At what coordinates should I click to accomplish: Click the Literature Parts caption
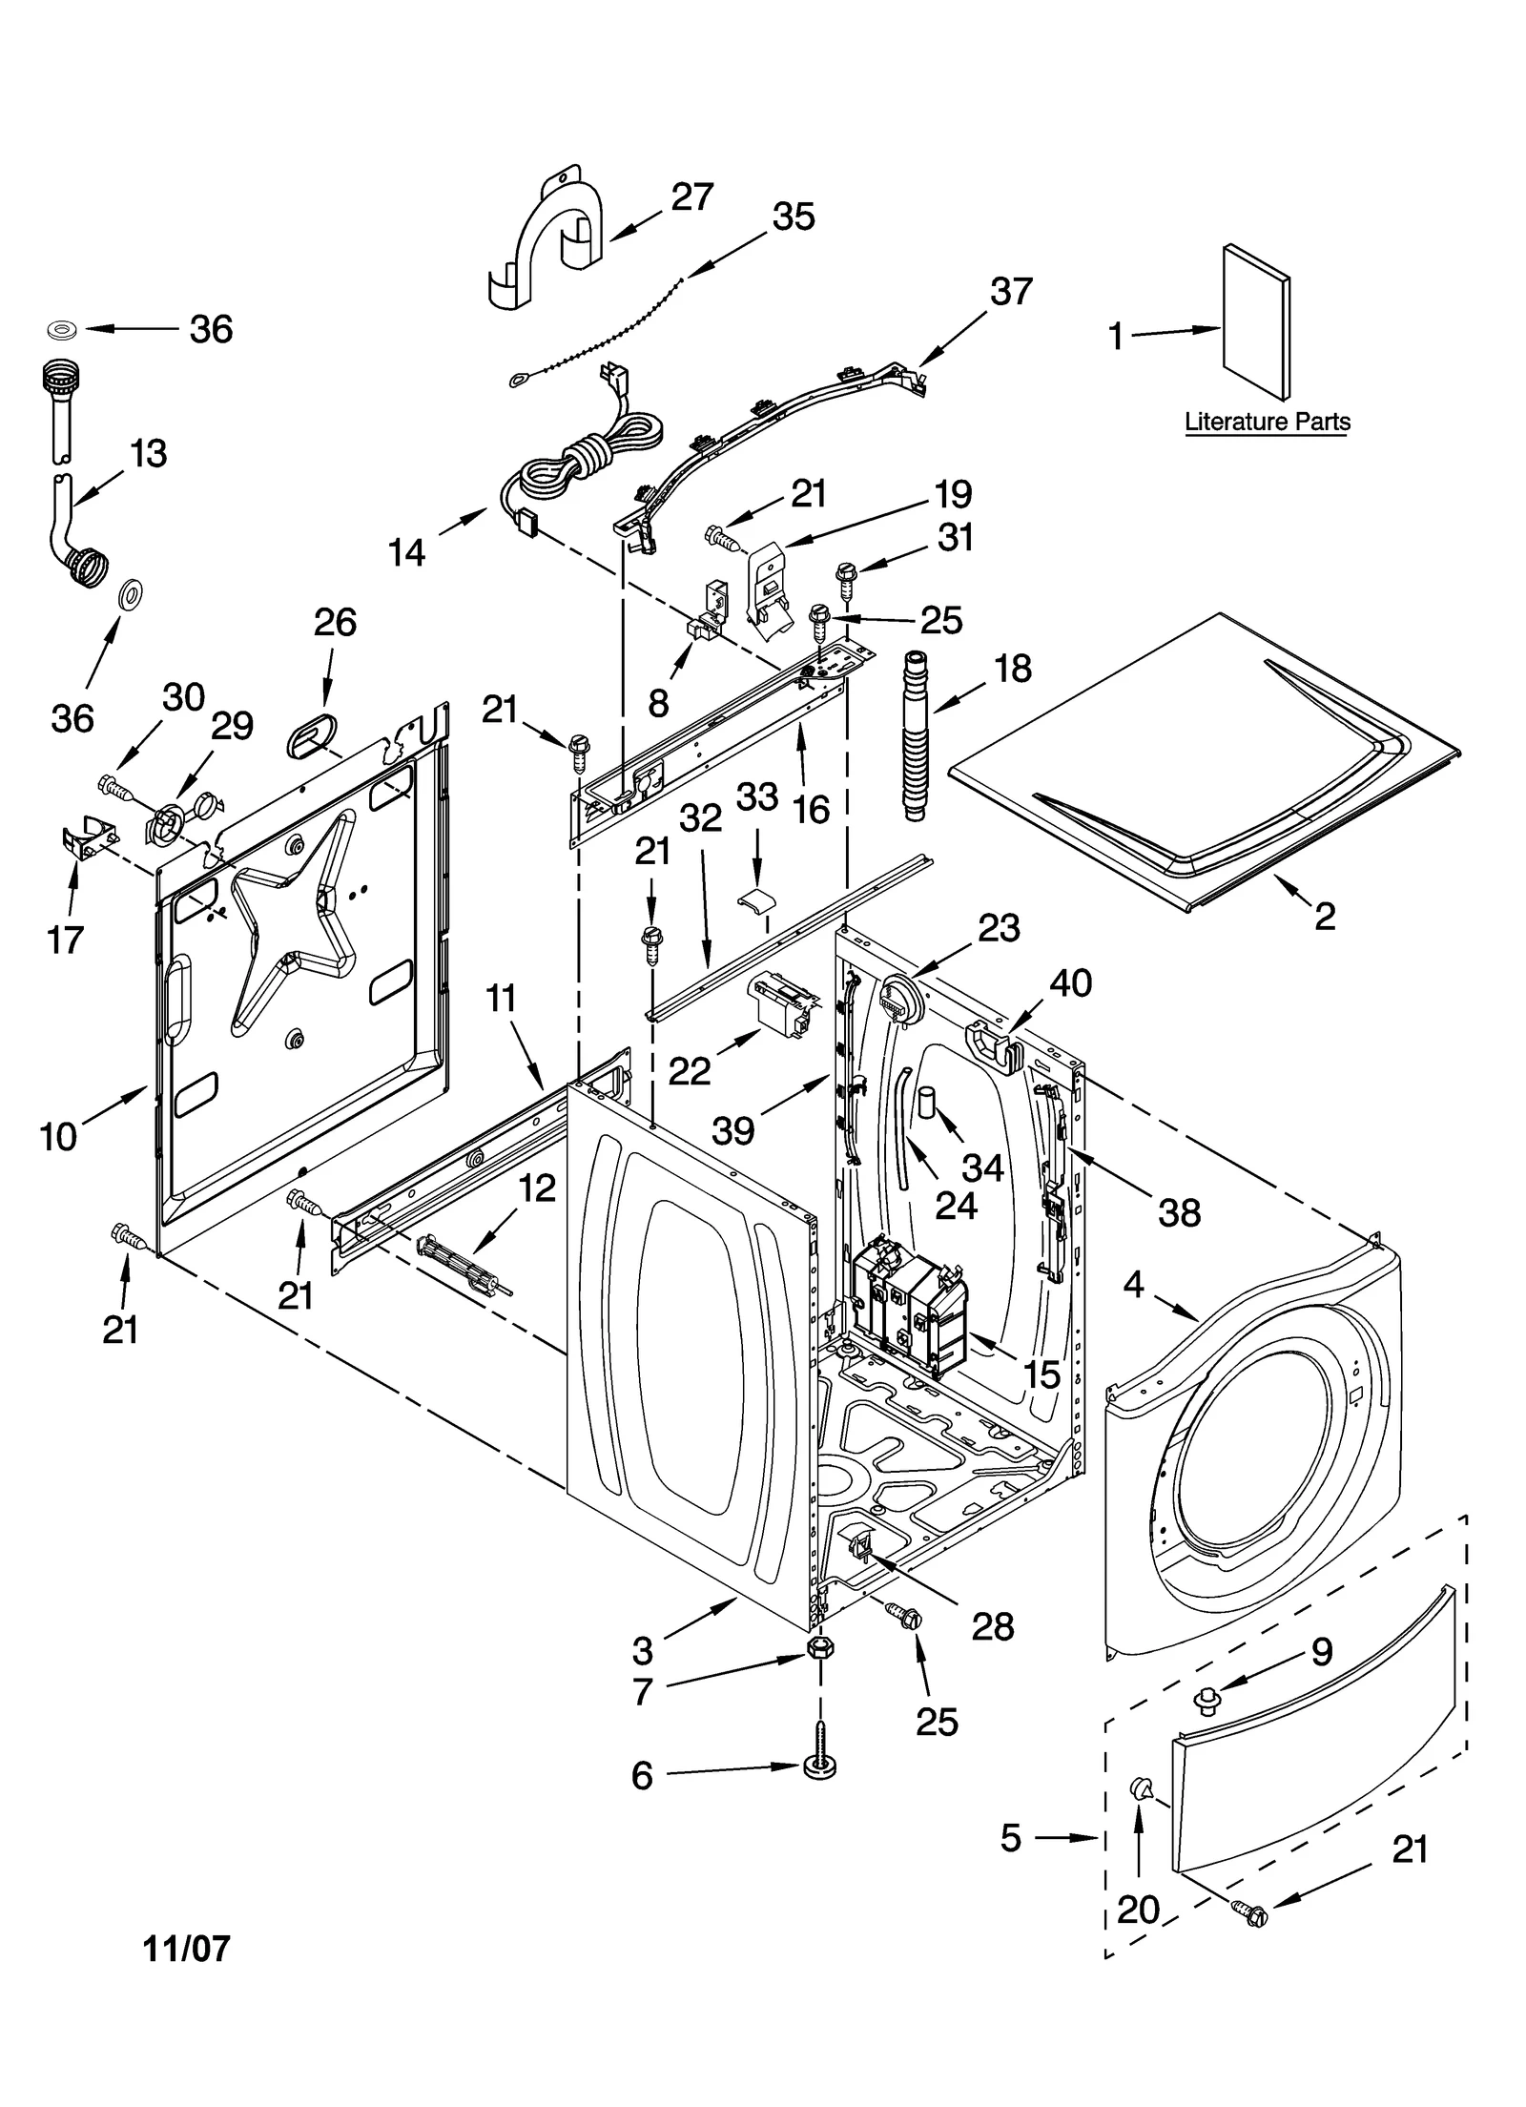click(1267, 421)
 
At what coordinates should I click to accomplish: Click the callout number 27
click(692, 197)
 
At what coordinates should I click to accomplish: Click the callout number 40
click(1070, 982)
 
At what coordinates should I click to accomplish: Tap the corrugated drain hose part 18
click(918, 733)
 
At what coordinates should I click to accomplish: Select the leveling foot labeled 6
click(818, 1764)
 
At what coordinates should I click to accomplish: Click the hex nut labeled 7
click(819, 1649)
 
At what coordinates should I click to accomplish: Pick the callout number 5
click(1011, 1837)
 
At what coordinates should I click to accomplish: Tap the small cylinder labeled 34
click(927, 1100)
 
